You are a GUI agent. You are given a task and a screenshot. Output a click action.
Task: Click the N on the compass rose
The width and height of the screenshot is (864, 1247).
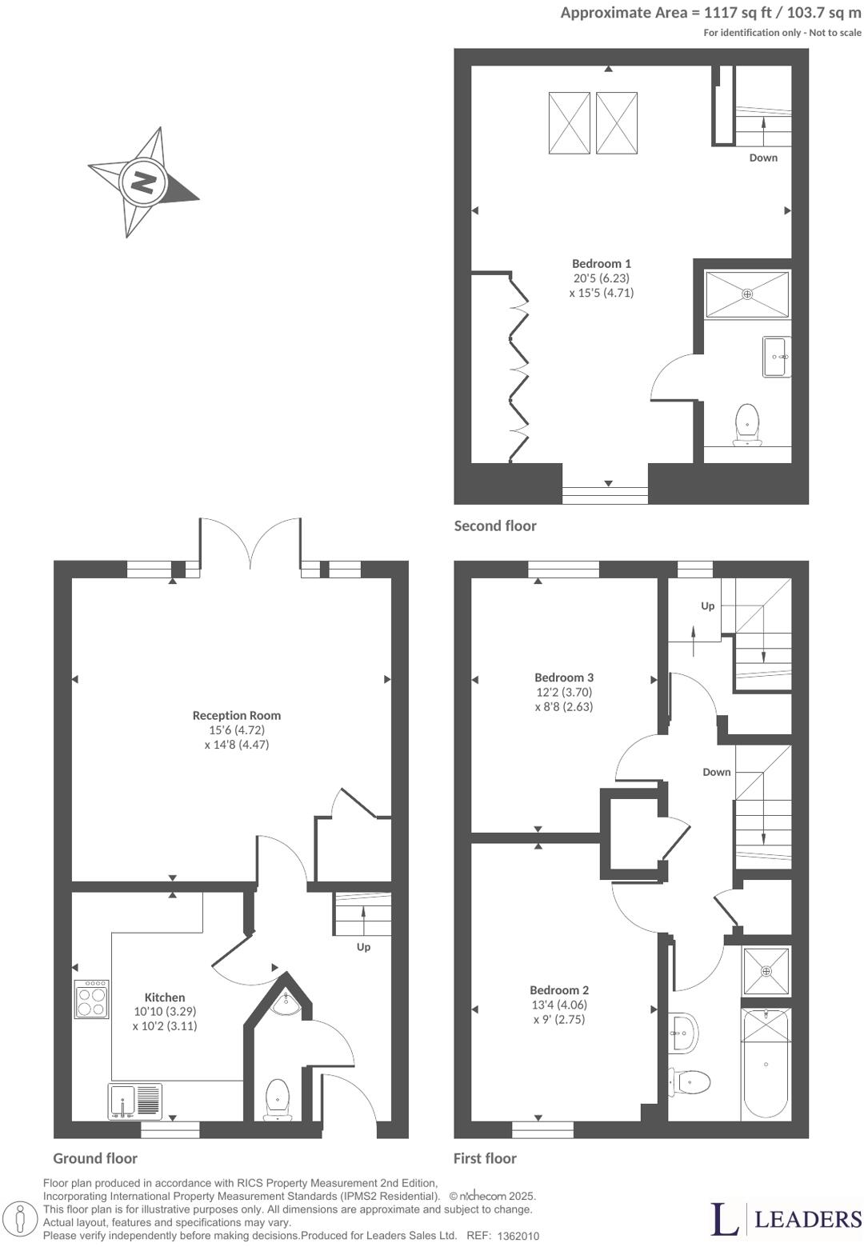coord(144,183)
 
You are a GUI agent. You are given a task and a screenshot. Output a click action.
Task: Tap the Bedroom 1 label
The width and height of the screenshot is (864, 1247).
coord(602,263)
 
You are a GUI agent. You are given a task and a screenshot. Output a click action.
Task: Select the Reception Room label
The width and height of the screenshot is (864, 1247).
coord(237,715)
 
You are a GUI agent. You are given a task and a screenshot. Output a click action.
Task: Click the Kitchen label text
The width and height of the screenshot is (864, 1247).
coord(165,997)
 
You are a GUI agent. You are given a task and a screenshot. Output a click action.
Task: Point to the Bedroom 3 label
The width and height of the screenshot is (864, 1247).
coord(564,677)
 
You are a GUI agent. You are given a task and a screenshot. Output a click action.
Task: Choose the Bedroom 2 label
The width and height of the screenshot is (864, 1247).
coord(559,989)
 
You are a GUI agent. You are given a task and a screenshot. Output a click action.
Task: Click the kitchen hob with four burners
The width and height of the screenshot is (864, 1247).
coord(92,999)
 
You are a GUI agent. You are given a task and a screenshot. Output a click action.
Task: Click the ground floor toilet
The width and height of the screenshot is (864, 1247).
coord(277,1099)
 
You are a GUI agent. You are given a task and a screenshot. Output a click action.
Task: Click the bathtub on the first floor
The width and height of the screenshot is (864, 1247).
coord(766,1062)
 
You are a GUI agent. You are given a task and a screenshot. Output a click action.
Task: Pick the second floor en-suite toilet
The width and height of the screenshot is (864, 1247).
coord(747,425)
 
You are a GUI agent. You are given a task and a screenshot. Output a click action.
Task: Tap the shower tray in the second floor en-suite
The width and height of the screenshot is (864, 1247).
coord(747,294)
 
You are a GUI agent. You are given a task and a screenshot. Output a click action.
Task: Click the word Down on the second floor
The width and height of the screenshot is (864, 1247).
coord(763,158)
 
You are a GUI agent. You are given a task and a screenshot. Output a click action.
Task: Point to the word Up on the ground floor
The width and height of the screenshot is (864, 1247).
coord(363,947)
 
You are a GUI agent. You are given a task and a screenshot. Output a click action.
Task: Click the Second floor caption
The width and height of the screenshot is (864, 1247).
coord(495,526)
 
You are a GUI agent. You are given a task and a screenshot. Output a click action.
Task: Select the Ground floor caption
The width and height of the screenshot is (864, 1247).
coord(95,1158)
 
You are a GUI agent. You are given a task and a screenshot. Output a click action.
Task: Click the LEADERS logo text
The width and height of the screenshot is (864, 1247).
coord(808,1218)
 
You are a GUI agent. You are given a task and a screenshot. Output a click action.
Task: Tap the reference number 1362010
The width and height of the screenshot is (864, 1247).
coord(518,1236)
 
